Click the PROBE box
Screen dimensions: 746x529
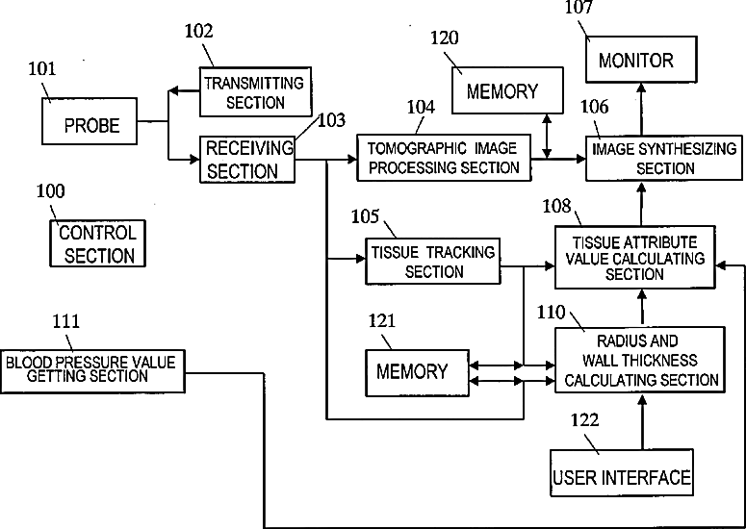(x=90, y=121)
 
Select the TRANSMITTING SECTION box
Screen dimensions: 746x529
(x=255, y=91)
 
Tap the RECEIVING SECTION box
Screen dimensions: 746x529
(x=247, y=160)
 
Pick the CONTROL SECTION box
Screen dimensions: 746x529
(x=97, y=243)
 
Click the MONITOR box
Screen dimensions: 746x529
(x=641, y=60)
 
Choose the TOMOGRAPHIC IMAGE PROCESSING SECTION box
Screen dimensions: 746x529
(x=444, y=158)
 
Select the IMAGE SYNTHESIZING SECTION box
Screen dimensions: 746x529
(x=663, y=159)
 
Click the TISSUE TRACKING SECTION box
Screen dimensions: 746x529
(x=433, y=262)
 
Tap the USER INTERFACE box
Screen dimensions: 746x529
(x=622, y=473)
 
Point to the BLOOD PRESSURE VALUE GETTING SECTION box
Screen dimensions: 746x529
(x=92, y=371)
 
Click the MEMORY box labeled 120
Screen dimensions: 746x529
(x=507, y=90)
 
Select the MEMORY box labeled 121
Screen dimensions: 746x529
(x=417, y=373)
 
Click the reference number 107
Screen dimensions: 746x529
(x=579, y=7)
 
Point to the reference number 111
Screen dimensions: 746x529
(x=65, y=321)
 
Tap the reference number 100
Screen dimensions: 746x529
(x=50, y=191)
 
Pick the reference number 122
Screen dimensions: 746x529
(x=584, y=420)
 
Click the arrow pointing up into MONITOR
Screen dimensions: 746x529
(x=641, y=110)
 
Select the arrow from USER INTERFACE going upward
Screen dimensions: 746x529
(x=642, y=422)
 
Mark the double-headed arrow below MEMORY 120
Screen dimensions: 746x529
(x=547, y=137)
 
